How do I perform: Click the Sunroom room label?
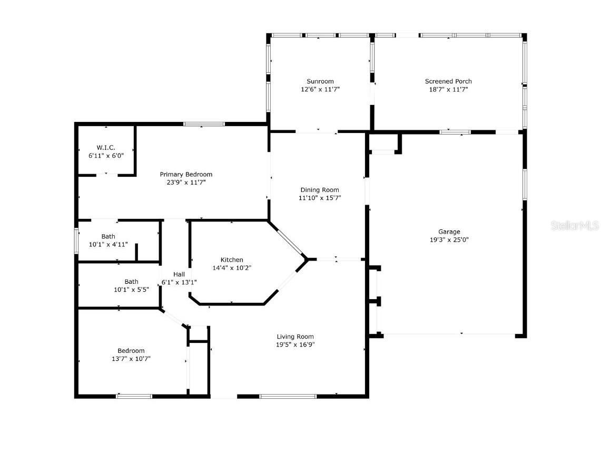[x=320, y=81]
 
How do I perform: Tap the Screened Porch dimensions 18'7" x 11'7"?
[x=448, y=90]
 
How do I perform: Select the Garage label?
[x=449, y=232]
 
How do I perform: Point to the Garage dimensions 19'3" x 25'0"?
[x=449, y=239]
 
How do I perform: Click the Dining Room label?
[x=320, y=190]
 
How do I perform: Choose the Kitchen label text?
[x=232, y=260]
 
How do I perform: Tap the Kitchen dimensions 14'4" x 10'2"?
[x=232, y=267]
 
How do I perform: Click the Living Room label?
[x=295, y=337]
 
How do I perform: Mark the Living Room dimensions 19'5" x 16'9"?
[x=295, y=345]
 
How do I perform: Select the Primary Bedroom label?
[x=186, y=174]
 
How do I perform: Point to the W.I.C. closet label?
[x=105, y=148]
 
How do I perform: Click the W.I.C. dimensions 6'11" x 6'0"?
[x=105, y=156]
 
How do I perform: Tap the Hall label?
[x=179, y=274]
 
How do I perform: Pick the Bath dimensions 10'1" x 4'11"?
[x=108, y=244]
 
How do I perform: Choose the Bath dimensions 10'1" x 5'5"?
[x=131, y=290]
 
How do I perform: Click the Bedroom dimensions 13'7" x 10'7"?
[x=131, y=359]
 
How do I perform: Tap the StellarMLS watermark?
[x=575, y=226]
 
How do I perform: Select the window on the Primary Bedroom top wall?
[x=204, y=124]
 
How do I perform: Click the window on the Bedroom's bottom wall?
[x=134, y=396]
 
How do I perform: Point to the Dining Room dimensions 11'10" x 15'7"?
[x=320, y=198]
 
